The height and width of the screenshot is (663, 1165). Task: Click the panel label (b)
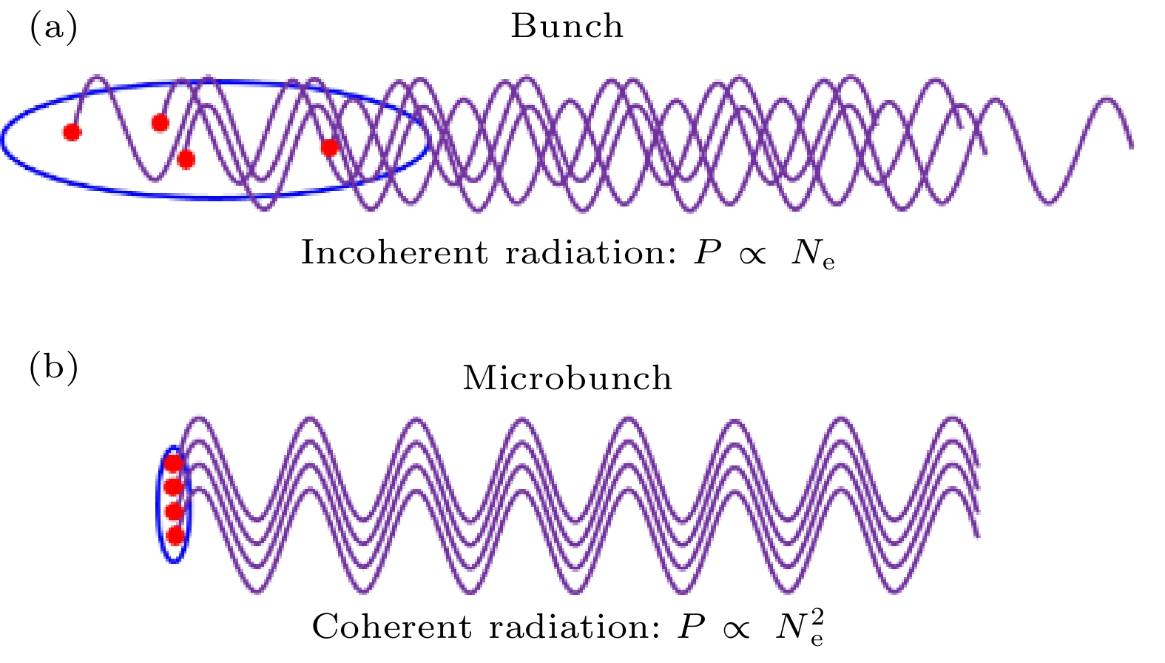click(x=53, y=368)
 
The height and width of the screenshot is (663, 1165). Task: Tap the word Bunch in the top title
click(x=567, y=27)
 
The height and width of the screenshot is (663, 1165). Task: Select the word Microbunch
click(x=567, y=378)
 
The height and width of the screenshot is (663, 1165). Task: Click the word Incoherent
click(x=394, y=253)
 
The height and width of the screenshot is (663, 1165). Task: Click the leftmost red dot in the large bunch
click(x=72, y=132)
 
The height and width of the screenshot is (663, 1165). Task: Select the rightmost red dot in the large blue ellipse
click(x=329, y=148)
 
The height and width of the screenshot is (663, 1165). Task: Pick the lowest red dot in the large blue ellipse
click(x=186, y=158)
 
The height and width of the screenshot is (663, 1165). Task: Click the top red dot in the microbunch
click(x=173, y=464)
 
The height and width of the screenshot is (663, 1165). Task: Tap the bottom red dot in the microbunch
click(x=175, y=535)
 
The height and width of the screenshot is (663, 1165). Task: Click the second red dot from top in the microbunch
click(x=173, y=487)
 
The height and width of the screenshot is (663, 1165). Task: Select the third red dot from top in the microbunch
click(x=174, y=511)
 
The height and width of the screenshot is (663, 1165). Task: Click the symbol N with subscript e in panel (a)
click(x=812, y=255)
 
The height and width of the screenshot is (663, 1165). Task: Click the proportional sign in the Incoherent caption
click(x=752, y=256)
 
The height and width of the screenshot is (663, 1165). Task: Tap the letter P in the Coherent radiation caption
click(x=692, y=627)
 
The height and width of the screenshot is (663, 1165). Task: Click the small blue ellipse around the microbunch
click(x=159, y=503)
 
